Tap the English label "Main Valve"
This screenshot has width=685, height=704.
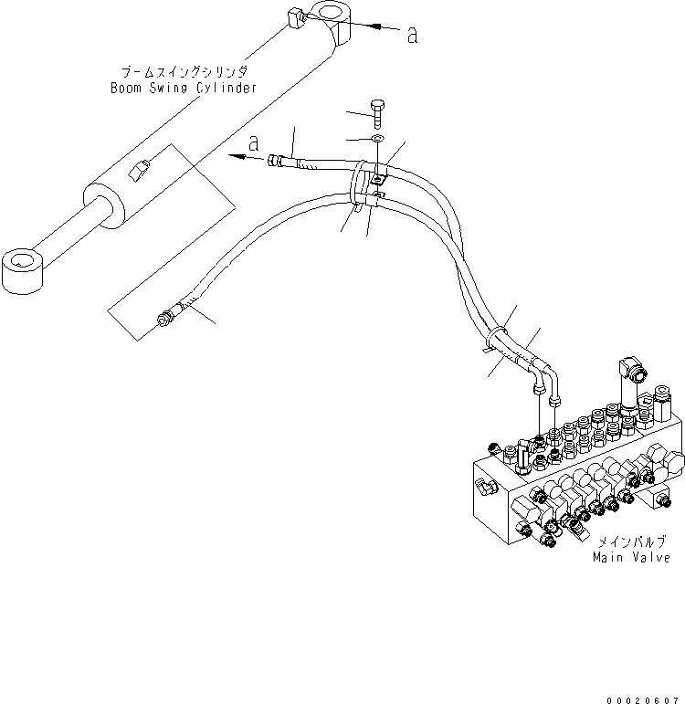click(x=631, y=557)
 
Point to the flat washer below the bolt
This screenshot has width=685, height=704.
click(x=376, y=139)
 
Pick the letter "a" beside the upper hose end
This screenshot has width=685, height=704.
click(x=253, y=143)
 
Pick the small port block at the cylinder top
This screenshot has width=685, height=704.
click(x=295, y=18)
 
